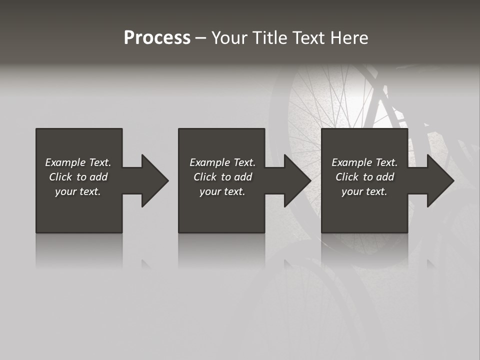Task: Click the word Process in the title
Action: point(157,38)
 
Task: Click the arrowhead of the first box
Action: point(154,180)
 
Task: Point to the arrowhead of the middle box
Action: point(297,180)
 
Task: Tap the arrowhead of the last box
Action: point(440,180)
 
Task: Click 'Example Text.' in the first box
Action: point(78,162)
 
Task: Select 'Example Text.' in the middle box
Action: point(222,162)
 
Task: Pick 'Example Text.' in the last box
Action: point(364,162)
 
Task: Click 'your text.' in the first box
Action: point(78,191)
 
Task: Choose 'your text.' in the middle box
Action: point(222,191)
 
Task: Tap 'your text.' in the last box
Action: point(364,191)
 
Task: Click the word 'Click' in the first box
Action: point(60,177)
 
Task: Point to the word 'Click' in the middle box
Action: point(205,177)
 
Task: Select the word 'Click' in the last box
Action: point(347,177)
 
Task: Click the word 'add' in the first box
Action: point(98,177)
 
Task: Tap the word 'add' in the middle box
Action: point(243,177)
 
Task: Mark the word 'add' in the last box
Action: point(385,177)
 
